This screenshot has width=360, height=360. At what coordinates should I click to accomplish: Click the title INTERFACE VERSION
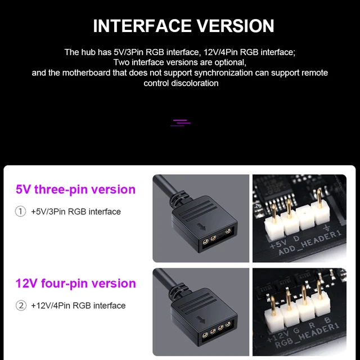(183, 26)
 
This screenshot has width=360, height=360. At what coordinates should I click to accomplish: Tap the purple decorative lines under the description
(181, 122)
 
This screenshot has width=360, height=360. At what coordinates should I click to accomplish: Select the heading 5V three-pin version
(75, 190)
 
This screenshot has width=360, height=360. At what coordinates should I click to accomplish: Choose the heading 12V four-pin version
(75, 283)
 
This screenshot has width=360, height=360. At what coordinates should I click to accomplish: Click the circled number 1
(21, 212)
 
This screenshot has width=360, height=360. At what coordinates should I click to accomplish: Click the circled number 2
(21, 306)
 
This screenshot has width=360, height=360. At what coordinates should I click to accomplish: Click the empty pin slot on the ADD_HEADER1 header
(307, 222)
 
